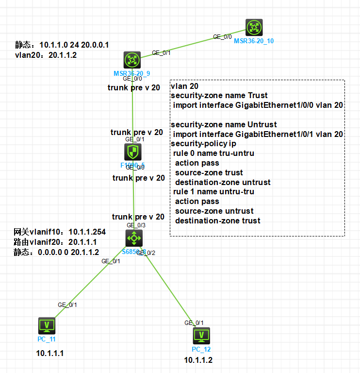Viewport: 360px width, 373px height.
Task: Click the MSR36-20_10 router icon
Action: tap(254, 27)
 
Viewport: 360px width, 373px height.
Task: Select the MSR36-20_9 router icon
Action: tap(131, 60)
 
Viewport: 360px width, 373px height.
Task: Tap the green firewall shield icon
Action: tap(133, 152)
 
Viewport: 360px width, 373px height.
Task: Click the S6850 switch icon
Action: tap(134, 238)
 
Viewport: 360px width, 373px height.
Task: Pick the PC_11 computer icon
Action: tap(47, 324)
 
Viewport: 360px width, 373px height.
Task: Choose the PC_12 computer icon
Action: tap(201, 336)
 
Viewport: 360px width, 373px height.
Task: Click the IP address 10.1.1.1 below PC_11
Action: tap(49, 353)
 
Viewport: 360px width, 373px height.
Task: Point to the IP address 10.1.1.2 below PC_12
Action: tap(198, 360)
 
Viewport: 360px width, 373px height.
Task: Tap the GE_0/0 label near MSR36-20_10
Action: tap(223, 36)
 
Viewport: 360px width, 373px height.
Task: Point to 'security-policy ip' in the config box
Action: tap(203, 144)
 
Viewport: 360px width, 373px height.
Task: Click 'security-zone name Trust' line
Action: tap(219, 96)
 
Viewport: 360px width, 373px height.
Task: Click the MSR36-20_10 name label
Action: tap(254, 41)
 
